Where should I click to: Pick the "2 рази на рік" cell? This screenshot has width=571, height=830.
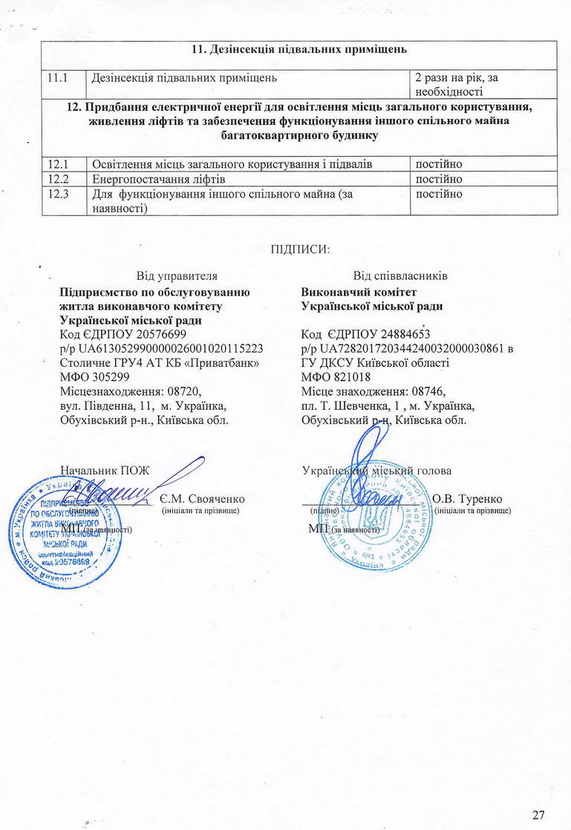coord(483,84)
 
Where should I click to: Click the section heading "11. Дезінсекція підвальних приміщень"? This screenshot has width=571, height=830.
coord(299,50)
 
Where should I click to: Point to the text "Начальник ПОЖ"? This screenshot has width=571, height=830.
coord(105,470)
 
